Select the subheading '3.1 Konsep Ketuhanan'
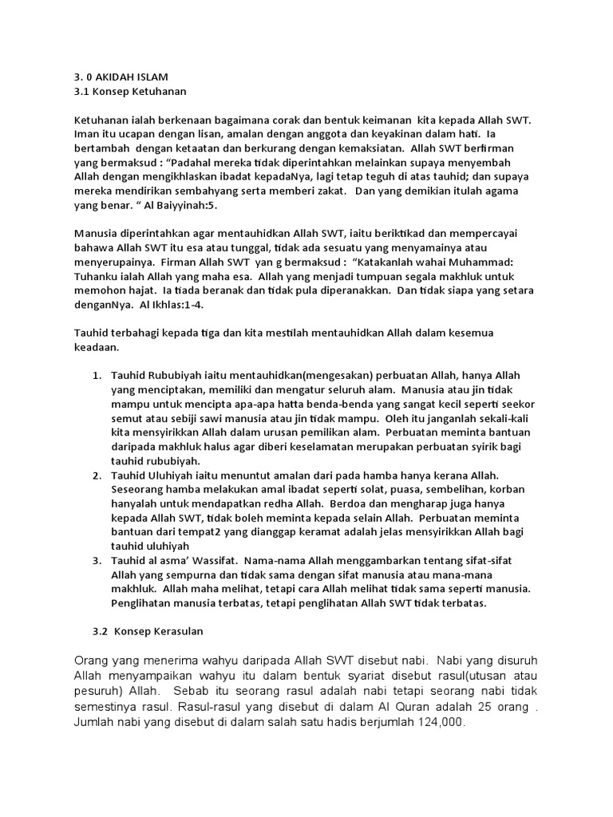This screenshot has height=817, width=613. point(123,93)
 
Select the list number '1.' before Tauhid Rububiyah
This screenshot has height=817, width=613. point(97,375)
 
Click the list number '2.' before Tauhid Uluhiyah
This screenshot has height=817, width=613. point(97,476)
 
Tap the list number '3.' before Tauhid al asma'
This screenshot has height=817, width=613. point(97,561)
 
